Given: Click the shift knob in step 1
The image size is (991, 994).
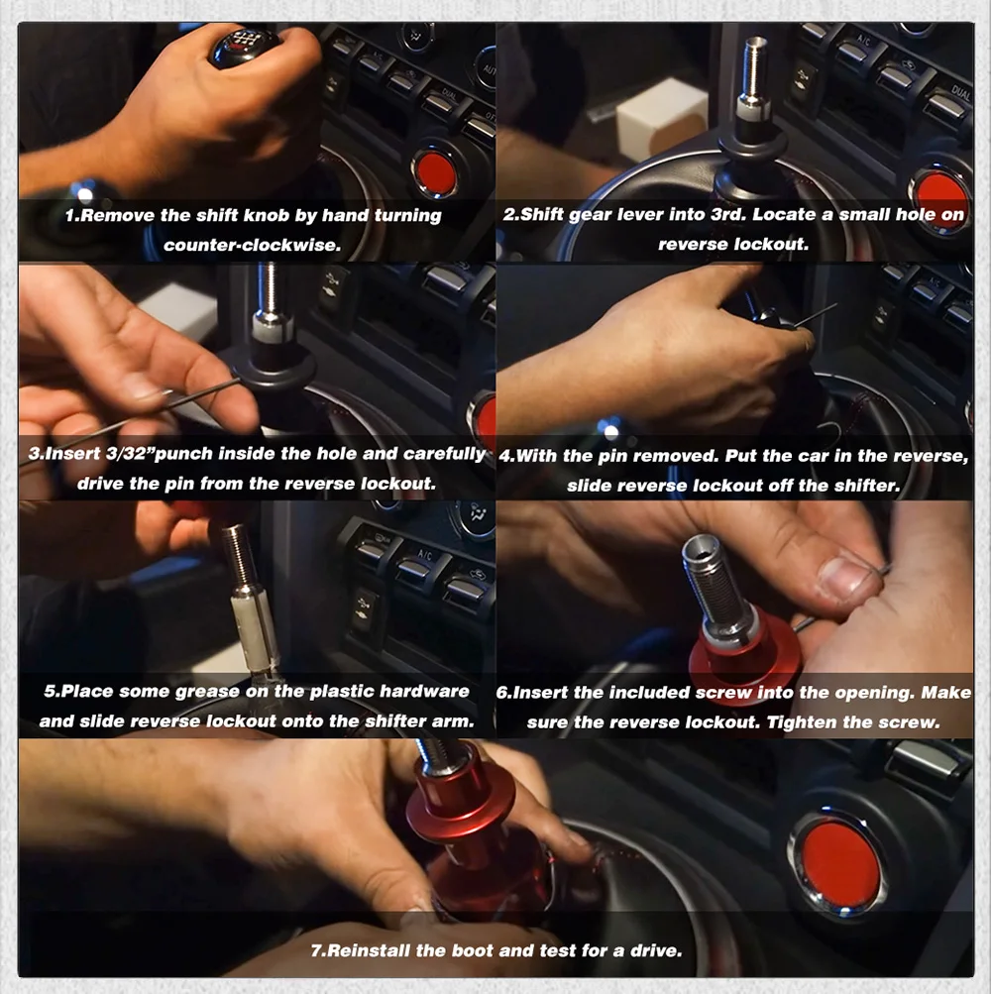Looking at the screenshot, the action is coord(244,47).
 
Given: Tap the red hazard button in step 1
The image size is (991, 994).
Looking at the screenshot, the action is coord(434,172).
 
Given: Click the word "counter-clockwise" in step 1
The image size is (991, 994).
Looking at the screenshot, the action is coord(252,246).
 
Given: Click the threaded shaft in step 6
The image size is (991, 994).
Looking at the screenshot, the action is coord(716,582).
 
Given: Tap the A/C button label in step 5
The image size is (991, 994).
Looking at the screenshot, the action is coord(424,555).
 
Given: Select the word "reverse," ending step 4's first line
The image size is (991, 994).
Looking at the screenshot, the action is coord(932,457).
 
